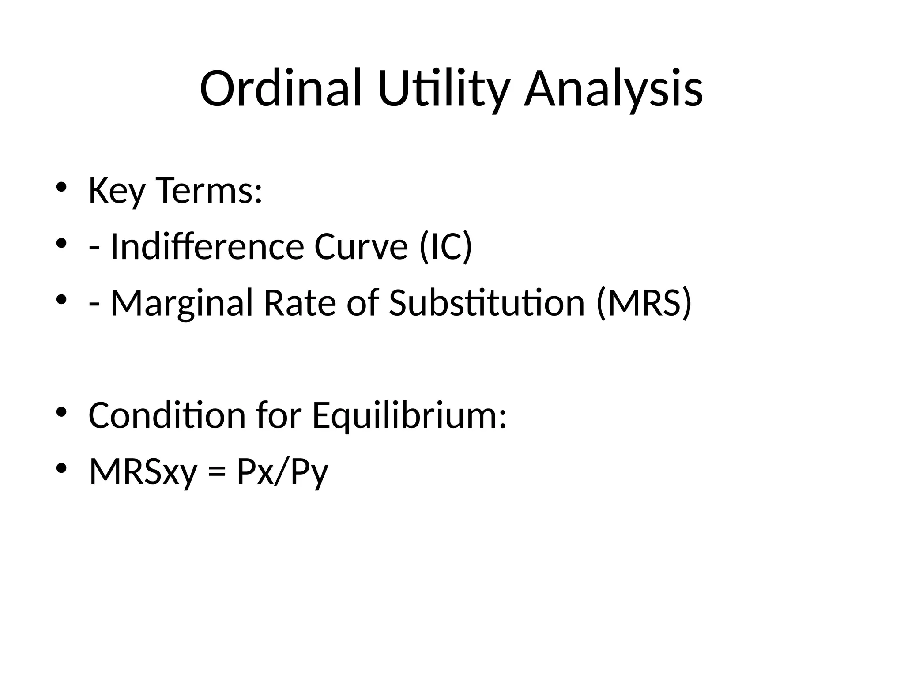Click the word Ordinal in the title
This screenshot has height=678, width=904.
[281, 88]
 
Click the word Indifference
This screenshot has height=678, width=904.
[207, 246]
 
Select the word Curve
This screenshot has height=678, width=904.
[361, 246]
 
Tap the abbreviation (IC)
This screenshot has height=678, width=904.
[446, 246]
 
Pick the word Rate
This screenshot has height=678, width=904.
[300, 302]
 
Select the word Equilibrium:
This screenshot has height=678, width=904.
[409, 416]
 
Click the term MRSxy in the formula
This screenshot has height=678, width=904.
[143, 471]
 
